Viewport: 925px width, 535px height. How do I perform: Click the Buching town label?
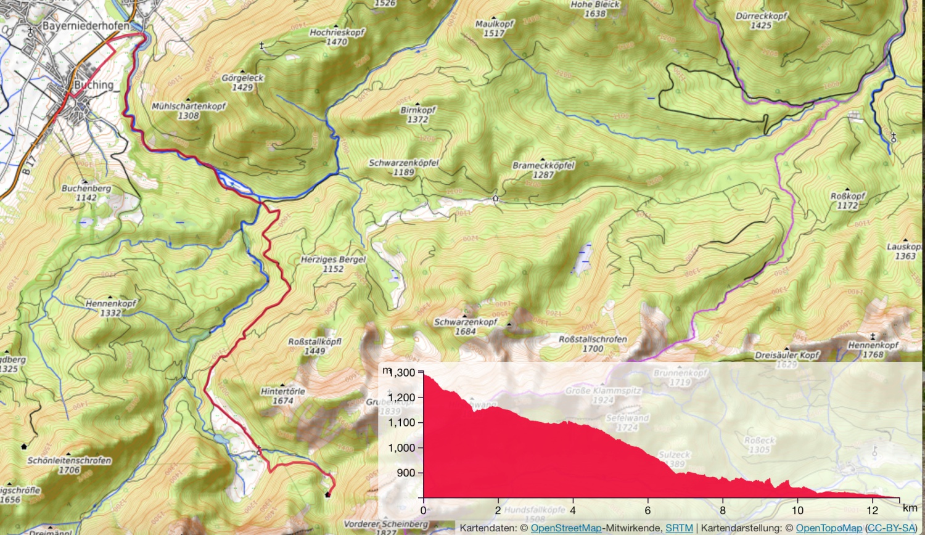click(94, 85)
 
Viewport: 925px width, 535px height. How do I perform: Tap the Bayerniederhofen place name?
click(86, 26)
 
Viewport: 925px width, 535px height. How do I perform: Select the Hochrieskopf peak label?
click(337, 33)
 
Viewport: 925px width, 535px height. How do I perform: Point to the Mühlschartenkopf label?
click(189, 107)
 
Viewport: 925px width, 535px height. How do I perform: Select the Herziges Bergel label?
click(333, 260)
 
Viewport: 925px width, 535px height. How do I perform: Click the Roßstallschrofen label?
click(593, 340)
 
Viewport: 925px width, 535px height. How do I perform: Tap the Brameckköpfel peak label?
click(543, 166)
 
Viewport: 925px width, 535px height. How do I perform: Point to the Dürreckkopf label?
click(761, 17)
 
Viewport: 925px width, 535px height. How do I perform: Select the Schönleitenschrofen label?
click(69, 461)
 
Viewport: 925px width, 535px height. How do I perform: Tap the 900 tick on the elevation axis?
click(406, 473)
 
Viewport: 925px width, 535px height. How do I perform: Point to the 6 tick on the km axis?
click(647, 510)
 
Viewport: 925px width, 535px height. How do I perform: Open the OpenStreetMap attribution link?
click(566, 528)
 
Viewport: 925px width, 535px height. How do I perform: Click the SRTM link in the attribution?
click(678, 528)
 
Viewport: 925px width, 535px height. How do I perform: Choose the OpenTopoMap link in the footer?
click(829, 528)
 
